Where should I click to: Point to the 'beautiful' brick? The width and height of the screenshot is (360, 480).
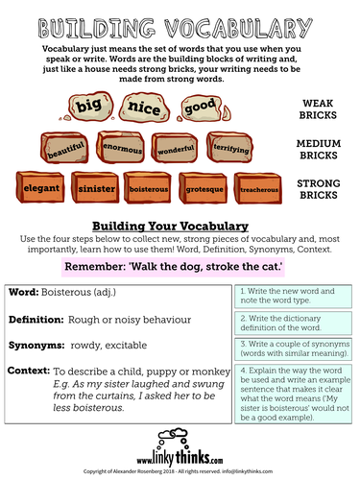(x=60, y=148)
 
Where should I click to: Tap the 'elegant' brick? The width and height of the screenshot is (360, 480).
(x=40, y=187)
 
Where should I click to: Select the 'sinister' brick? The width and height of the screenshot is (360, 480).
(x=95, y=187)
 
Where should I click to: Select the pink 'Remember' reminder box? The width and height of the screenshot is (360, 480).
(x=180, y=264)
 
